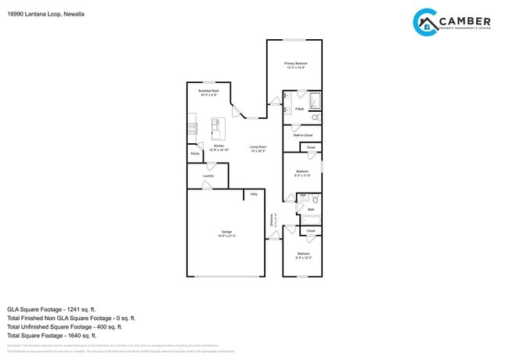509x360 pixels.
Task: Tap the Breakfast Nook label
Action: tap(208, 93)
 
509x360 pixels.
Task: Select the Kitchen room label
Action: tap(219, 147)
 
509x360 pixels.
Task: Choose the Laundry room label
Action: tap(208, 176)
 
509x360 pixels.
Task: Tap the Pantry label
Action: tap(194, 154)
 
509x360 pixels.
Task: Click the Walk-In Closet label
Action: tap(302, 135)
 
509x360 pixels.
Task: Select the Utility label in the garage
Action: tap(254, 194)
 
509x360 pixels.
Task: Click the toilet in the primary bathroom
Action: tap(315, 117)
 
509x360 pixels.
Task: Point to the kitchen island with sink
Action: tap(217, 126)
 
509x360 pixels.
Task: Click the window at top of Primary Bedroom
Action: tap(294, 40)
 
